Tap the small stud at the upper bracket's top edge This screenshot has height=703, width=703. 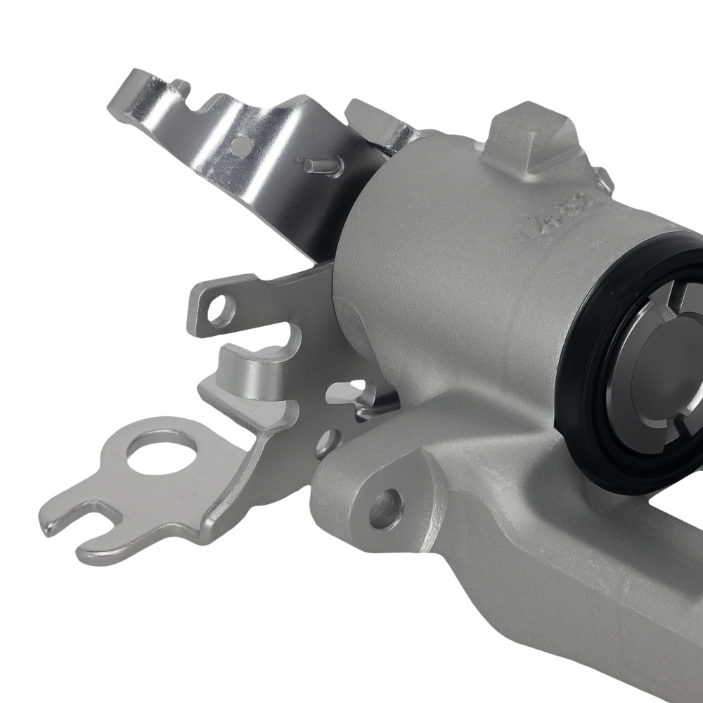point(181,86)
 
